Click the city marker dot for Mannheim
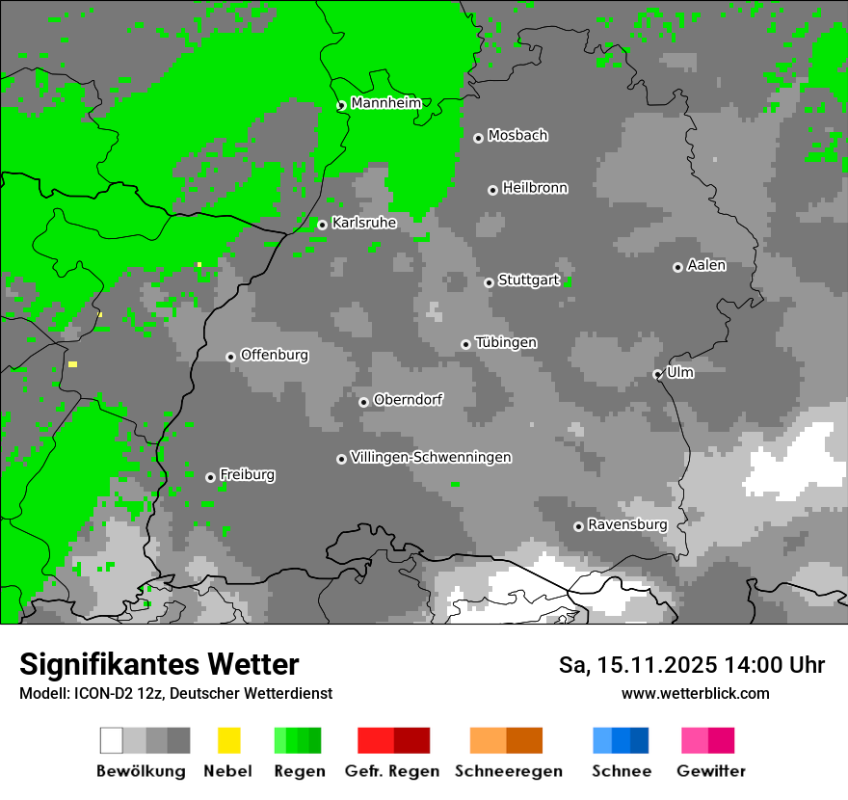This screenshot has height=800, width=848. [341, 106]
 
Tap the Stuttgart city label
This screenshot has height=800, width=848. [529, 280]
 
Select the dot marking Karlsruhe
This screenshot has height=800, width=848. [322, 226]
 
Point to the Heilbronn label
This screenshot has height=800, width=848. [535, 188]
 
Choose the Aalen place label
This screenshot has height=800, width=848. [706, 265]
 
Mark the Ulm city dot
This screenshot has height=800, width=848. [657, 375]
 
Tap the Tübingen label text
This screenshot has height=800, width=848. [506, 342]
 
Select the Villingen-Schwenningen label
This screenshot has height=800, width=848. [431, 457]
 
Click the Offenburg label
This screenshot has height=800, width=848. [275, 355]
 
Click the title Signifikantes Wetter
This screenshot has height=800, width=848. [159, 664]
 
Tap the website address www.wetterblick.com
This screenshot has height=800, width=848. [695, 693]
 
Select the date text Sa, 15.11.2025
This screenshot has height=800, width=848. [637, 665]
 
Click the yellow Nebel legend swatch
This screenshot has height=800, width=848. [228, 740]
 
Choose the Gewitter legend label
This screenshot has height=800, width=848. [710, 771]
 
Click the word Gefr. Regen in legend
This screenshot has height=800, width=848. [392, 771]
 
